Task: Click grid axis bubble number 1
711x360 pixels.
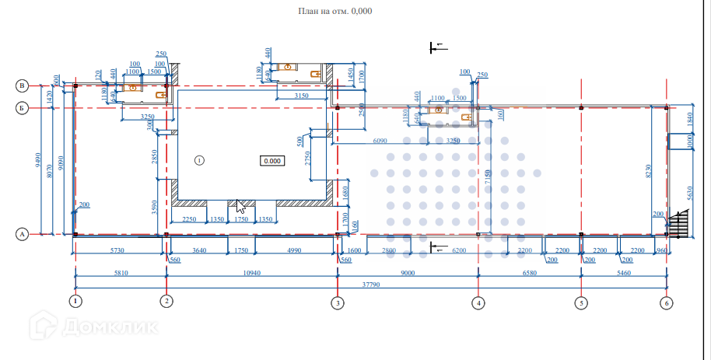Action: [75, 301]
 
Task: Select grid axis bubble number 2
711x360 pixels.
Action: [166, 301]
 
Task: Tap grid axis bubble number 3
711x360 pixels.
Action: [337, 302]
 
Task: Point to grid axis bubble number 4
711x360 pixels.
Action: [478, 302]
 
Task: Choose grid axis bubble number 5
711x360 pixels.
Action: [581, 302]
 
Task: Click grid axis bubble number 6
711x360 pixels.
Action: [666, 302]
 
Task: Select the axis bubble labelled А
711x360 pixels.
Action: [23, 233]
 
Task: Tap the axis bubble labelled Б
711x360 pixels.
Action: [23, 108]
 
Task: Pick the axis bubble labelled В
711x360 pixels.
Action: [23, 85]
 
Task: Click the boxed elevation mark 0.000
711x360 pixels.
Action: [272, 161]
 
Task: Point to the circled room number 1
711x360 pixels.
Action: [198, 160]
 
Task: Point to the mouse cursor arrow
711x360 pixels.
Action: [240, 207]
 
